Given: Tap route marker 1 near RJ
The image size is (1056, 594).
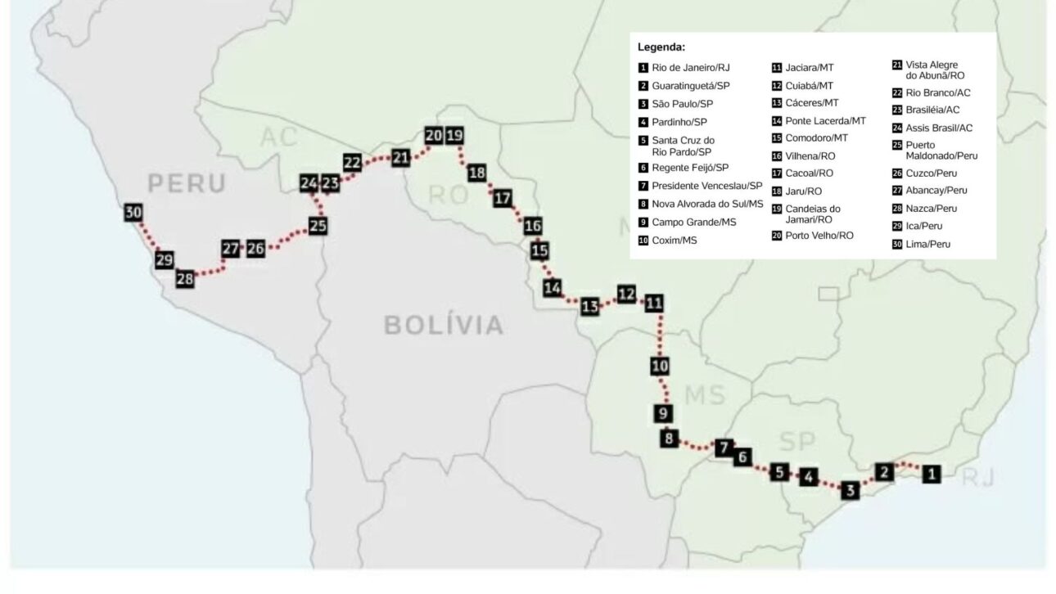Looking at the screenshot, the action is click(x=932, y=472).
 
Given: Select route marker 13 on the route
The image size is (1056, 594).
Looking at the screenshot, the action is click(x=590, y=307).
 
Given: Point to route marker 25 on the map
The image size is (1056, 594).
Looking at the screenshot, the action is click(x=318, y=225).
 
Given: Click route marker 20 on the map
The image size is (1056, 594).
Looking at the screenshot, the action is click(x=434, y=136).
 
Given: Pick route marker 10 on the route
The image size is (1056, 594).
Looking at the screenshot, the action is click(x=660, y=366).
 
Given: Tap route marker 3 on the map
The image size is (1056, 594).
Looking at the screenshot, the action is click(x=851, y=491).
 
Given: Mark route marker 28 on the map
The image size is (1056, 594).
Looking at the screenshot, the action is click(x=185, y=279).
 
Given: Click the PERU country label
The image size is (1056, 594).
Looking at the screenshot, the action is click(x=187, y=183).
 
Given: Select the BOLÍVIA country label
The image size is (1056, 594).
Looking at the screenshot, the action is click(x=444, y=326).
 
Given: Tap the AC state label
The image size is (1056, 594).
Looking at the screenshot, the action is click(x=279, y=137).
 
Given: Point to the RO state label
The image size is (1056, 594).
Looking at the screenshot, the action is click(x=449, y=195).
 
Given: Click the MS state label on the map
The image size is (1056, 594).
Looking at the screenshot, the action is click(x=705, y=395).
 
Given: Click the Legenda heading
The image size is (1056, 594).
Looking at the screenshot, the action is click(x=661, y=47).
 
